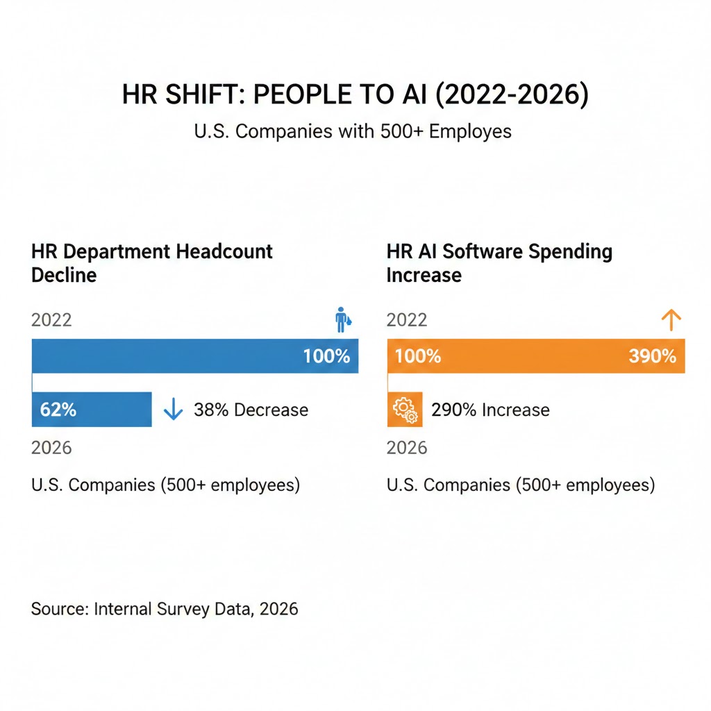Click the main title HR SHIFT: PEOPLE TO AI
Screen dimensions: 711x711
point(355,95)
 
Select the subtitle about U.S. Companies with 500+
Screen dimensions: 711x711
point(355,131)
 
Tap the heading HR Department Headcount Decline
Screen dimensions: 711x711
point(152,263)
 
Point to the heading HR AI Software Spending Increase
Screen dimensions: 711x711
point(499,263)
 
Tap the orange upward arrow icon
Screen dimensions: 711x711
point(671,320)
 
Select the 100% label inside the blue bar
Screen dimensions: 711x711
point(326,357)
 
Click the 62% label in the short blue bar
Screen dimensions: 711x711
point(58,410)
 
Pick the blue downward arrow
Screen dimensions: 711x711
point(173,410)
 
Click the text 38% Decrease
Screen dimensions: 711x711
point(251,410)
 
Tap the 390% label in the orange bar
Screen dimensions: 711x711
point(652,357)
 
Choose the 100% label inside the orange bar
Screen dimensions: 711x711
point(418,357)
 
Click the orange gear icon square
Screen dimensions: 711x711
point(403,410)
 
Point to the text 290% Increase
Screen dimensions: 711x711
point(490,410)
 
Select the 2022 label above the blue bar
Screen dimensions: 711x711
point(51,320)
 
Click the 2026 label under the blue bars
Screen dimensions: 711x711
point(51,448)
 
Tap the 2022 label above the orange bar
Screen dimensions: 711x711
point(407,320)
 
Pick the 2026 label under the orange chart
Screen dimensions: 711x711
point(407,448)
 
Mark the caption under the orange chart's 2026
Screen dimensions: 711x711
point(521,485)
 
